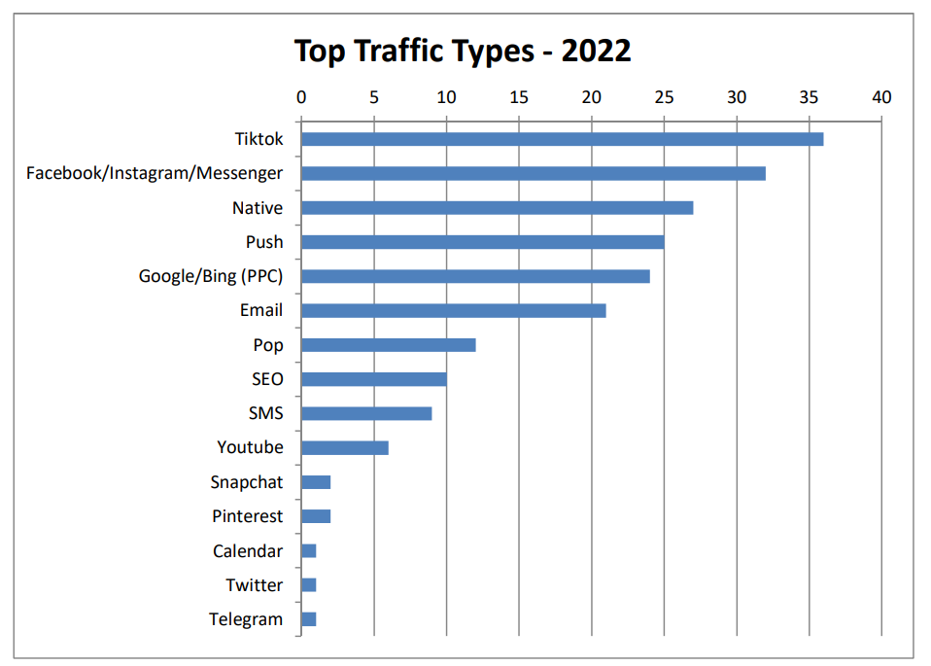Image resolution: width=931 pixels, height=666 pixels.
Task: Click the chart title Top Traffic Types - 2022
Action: (x=463, y=50)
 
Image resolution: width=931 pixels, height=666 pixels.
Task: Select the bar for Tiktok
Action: (x=562, y=139)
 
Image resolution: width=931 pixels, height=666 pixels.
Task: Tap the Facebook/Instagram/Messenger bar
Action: (x=533, y=173)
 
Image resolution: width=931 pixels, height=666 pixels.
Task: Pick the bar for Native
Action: (x=497, y=208)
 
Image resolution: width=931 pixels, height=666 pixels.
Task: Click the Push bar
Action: (x=482, y=242)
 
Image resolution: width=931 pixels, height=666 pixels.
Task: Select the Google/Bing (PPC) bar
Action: (x=475, y=276)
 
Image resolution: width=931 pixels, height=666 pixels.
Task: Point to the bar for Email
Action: (x=453, y=310)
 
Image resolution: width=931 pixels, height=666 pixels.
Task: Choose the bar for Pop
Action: (x=388, y=345)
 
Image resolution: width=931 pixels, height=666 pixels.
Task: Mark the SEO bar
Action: (x=373, y=379)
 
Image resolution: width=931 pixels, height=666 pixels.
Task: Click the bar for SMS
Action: (x=366, y=413)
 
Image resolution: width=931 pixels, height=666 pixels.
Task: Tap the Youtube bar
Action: (x=344, y=447)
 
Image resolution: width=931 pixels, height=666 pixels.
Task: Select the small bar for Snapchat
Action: (x=316, y=482)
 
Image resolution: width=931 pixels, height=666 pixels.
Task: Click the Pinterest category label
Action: (x=248, y=516)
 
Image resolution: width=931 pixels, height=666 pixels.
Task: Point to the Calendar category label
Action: (x=248, y=551)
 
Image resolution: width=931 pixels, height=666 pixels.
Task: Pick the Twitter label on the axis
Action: (x=255, y=585)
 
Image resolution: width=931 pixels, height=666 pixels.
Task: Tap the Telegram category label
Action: (x=246, y=619)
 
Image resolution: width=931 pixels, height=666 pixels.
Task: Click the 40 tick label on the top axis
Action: (x=881, y=97)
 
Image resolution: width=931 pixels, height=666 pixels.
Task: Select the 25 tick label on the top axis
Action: (x=664, y=97)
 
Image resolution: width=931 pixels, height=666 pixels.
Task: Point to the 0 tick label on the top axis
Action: (x=301, y=97)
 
